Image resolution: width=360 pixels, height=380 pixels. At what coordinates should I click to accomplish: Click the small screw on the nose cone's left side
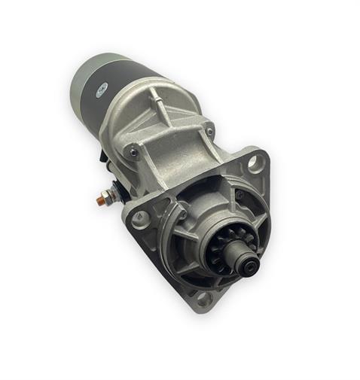click(x=180, y=215)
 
